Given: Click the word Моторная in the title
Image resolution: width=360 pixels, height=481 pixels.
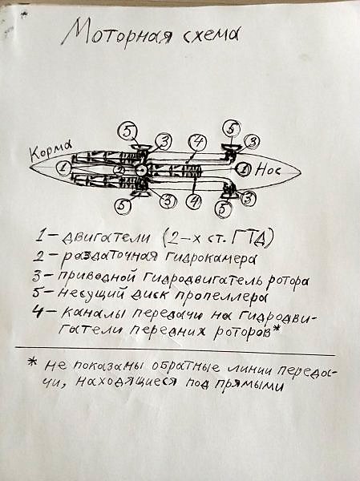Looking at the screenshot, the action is pos(118,34).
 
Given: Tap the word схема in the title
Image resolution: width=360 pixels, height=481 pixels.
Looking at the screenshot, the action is pos(212,35).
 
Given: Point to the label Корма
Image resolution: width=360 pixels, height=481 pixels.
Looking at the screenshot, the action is pos(51,150).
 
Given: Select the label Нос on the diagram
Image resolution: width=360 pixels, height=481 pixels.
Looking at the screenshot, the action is pos(267,170).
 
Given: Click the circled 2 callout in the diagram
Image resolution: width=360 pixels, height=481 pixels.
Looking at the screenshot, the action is pos(119,170).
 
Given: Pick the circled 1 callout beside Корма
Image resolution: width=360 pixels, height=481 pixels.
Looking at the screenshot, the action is pos(63,168).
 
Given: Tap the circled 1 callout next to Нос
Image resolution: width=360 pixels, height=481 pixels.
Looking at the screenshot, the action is pos(244,170).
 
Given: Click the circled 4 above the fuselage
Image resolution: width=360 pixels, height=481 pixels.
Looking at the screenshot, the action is pos(198,143).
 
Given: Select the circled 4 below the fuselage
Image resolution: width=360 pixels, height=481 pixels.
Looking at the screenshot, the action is pos(194,202).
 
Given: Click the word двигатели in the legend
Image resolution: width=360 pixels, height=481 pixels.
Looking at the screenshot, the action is pos(106,238).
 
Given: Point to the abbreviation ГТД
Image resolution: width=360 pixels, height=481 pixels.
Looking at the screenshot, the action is pos(252,237).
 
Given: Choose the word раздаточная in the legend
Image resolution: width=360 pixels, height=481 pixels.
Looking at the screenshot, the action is pos(109,257).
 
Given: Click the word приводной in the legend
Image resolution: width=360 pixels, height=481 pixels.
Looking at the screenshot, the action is pos(96,277).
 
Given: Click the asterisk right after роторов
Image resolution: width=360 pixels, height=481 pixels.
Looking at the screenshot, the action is pos(277,329).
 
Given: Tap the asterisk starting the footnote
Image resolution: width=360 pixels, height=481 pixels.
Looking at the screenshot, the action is pos(32,362).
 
